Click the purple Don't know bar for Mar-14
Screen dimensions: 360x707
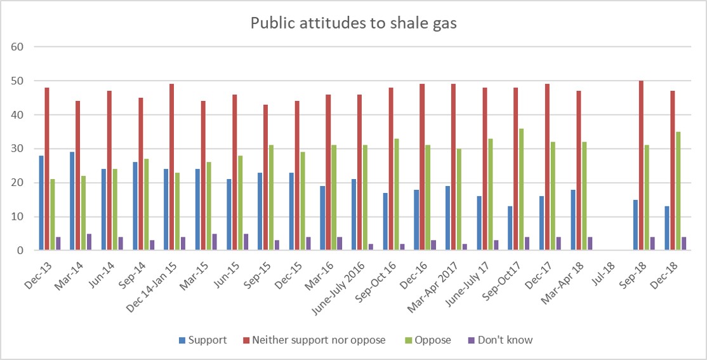89,242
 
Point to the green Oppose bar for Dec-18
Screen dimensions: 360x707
678,191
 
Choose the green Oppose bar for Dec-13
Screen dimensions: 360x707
52,215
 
